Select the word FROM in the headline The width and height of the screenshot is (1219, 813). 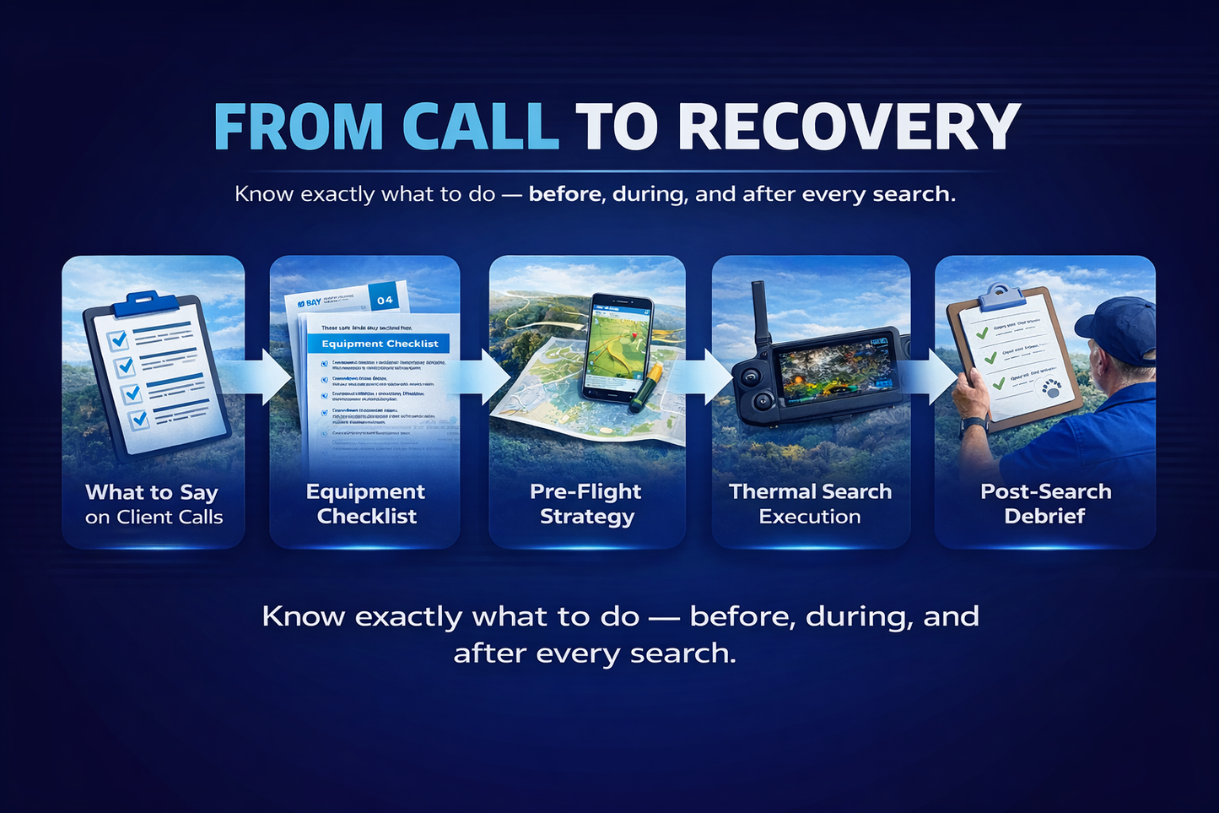(299, 127)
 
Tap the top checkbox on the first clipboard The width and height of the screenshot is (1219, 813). (117, 339)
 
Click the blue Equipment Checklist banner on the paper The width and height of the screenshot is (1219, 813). (379, 344)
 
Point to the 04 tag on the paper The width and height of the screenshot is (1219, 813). (386, 300)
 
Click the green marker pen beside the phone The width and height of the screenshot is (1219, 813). (650, 388)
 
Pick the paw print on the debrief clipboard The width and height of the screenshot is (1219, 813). (1052, 388)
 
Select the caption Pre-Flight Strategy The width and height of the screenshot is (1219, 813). (586, 504)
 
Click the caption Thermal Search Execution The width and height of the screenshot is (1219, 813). (810, 504)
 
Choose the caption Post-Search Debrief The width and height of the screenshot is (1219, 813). (1045, 504)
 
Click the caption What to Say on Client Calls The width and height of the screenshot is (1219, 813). (154, 504)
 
